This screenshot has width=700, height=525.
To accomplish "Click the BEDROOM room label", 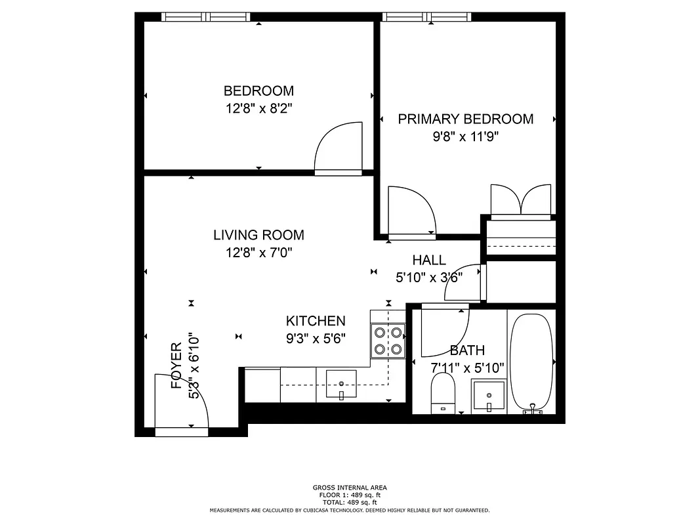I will point(258,91).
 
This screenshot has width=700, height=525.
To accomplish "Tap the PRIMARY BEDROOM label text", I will point(465,119).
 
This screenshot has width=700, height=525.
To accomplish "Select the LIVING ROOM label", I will point(258,235).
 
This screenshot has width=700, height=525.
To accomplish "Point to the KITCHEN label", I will point(316,321).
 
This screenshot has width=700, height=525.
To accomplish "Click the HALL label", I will point(429,261).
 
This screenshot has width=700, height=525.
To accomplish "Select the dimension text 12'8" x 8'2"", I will point(258,108).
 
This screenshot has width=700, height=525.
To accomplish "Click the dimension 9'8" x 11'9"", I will point(465,137).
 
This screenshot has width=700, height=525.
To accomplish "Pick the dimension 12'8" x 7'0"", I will point(258,253).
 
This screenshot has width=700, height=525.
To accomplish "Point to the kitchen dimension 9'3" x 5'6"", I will point(316,339).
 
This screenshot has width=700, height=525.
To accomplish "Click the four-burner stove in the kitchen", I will point(387,341).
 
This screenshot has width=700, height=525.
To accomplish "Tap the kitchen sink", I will point(341,384).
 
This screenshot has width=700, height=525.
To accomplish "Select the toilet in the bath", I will point(443,394).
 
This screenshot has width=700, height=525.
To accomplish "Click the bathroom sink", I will point(489,396).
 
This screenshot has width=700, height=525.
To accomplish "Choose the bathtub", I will point(533,361).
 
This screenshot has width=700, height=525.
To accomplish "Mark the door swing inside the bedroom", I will point(339,147).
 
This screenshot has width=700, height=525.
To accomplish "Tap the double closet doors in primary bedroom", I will point(521,199).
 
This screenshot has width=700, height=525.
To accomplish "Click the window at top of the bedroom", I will point(205,17).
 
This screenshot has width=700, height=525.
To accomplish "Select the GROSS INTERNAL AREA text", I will point(349,488).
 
